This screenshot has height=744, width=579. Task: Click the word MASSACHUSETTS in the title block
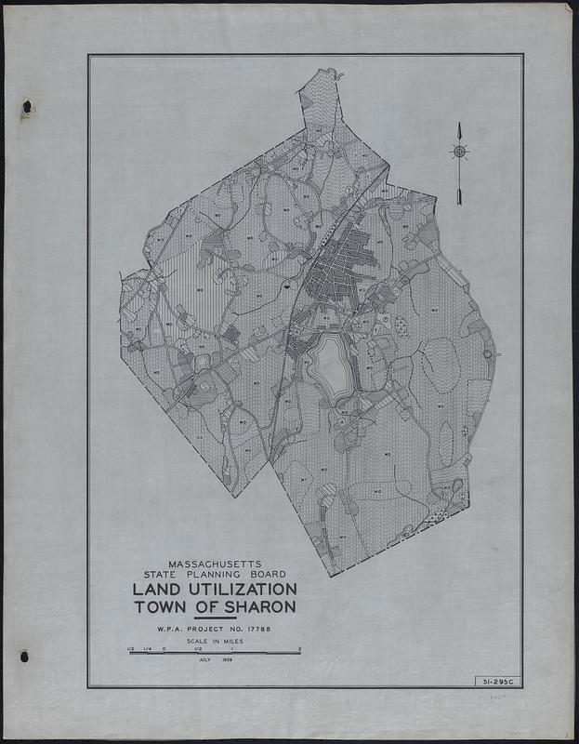click(214, 564)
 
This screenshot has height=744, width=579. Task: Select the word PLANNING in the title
click(218, 575)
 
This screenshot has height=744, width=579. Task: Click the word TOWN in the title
click(160, 607)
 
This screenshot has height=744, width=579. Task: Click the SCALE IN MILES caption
click(214, 642)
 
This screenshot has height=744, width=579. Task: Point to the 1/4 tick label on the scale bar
click(147, 647)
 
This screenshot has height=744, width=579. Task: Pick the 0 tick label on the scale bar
click(164, 647)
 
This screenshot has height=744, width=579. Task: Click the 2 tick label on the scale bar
click(299, 647)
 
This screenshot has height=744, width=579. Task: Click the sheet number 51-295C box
click(496, 681)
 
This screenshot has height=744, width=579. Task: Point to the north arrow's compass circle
click(460, 152)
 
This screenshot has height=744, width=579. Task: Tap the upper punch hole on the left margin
click(27, 107)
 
